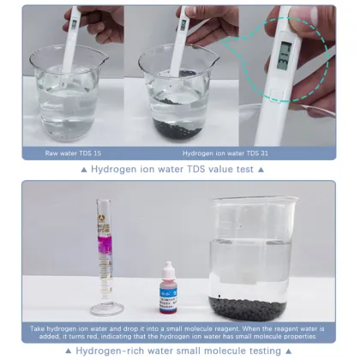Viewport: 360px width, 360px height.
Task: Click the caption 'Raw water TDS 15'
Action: (73, 153)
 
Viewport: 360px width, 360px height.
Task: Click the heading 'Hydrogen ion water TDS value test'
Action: (180, 170)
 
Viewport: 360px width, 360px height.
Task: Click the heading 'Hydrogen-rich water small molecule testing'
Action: (180, 351)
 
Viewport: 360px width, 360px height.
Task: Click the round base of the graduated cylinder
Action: (105, 308)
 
